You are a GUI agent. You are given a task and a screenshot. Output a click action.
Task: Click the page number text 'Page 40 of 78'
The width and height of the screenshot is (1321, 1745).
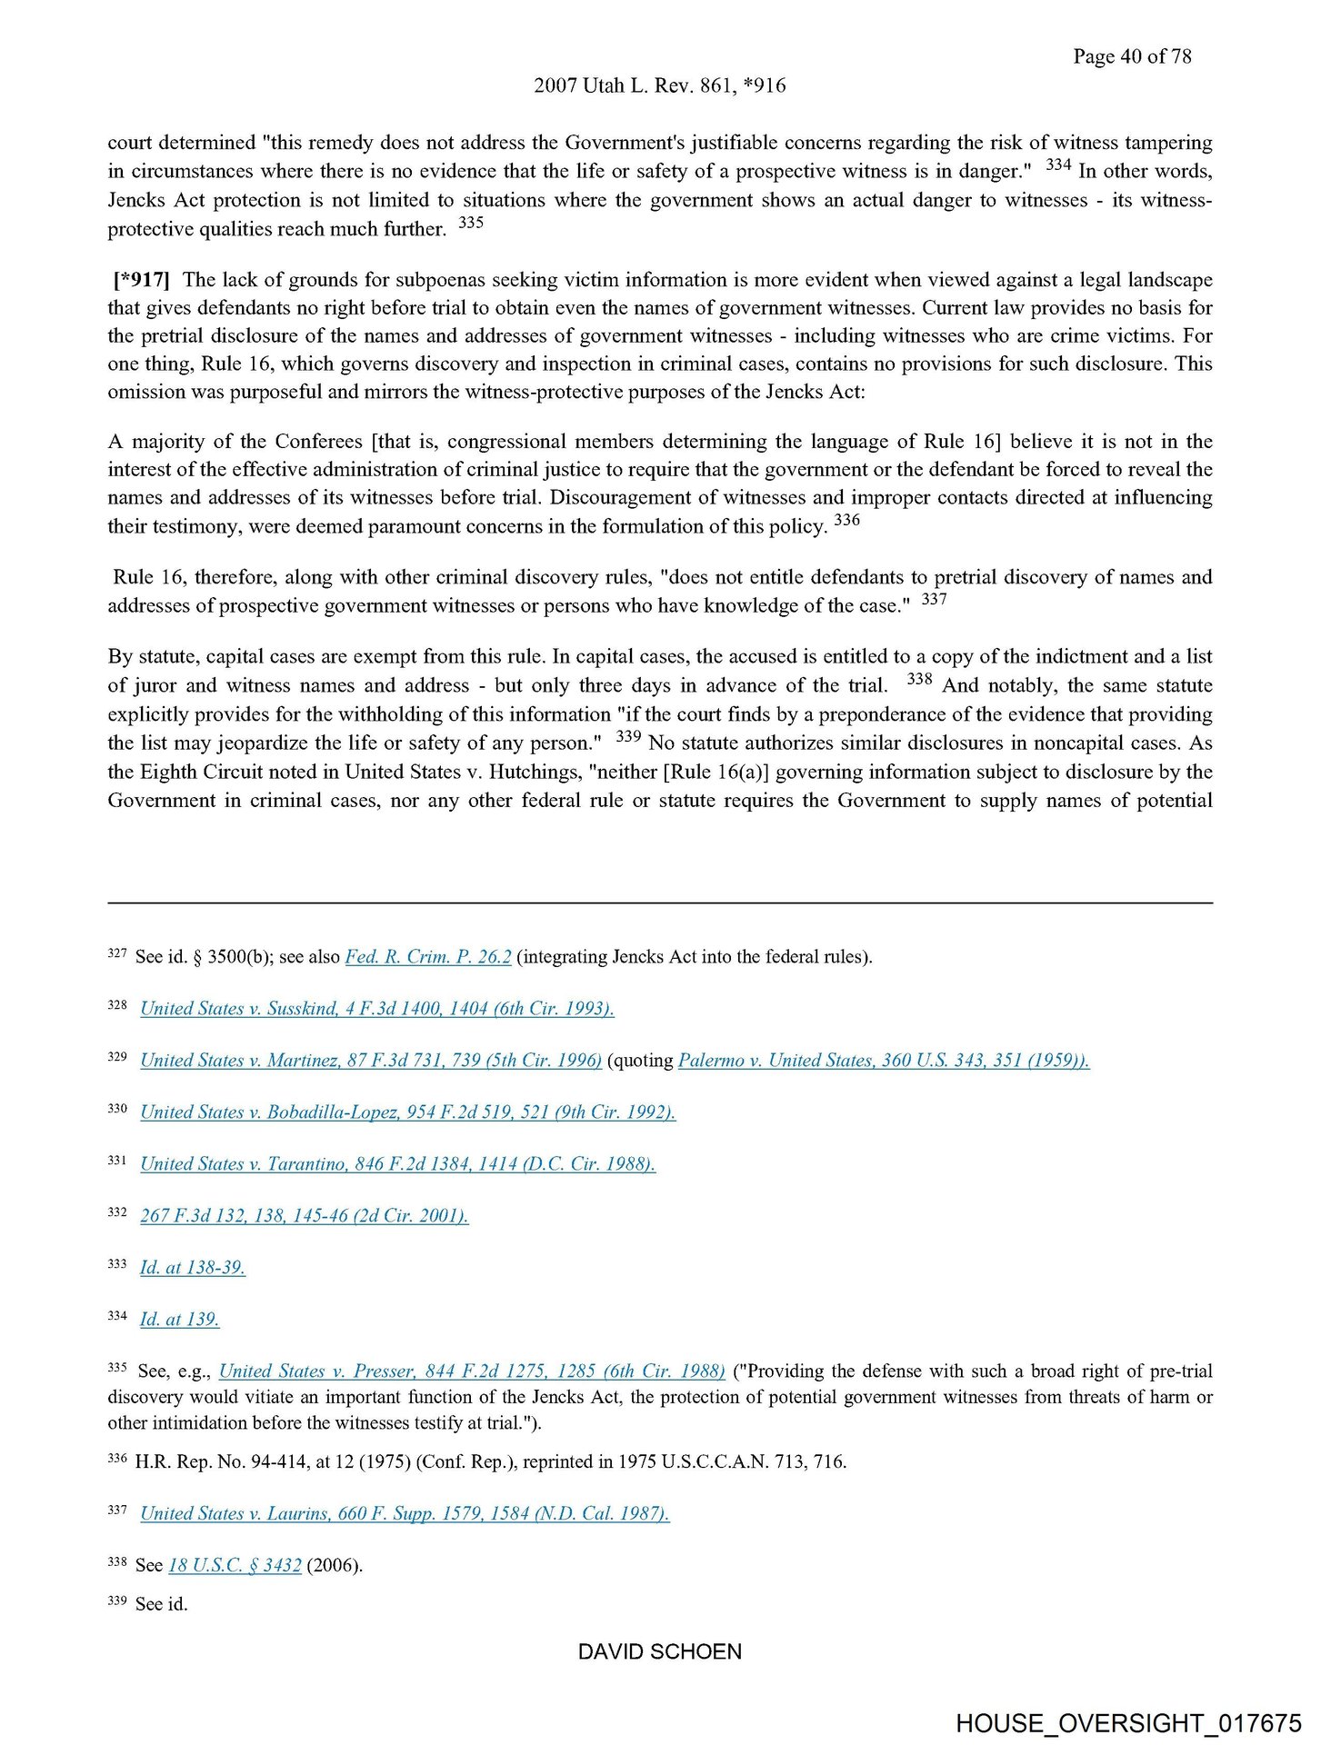[1131, 56]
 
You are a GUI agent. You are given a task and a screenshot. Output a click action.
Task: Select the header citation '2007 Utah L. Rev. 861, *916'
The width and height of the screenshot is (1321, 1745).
[659, 85]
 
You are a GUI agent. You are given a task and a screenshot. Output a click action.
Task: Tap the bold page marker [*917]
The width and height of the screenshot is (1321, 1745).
[142, 279]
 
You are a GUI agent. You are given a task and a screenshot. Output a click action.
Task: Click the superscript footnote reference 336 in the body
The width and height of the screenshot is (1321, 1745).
[846, 521]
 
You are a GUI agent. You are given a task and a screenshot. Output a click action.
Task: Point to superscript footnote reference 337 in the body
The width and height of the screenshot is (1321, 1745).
[934, 600]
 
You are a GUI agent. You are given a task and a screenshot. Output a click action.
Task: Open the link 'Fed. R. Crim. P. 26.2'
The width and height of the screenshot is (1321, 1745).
[428, 957]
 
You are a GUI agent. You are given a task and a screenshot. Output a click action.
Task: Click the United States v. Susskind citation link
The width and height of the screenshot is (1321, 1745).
[377, 1009]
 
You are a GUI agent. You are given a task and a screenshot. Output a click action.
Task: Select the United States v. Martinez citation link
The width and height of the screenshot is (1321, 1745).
[371, 1061]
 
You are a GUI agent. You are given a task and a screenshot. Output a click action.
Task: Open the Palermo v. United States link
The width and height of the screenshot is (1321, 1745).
[884, 1061]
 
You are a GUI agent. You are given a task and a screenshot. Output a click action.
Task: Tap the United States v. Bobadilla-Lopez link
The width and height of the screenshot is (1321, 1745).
[408, 1112]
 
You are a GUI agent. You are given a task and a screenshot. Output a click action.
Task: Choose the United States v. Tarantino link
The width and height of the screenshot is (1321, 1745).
[398, 1164]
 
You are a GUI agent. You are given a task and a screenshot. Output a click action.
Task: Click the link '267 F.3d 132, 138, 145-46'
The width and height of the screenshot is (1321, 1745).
[305, 1216]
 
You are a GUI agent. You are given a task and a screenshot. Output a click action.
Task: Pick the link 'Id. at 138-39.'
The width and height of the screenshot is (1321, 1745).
[193, 1268]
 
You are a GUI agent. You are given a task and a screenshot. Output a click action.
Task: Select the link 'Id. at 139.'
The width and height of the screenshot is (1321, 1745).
[180, 1320]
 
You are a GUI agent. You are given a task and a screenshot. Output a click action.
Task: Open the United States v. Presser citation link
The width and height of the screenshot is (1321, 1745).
[472, 1371]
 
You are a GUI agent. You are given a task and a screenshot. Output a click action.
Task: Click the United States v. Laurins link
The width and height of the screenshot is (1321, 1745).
[405, 1513]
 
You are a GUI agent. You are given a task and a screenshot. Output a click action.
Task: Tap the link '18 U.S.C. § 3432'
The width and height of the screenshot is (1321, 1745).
[235, 1565]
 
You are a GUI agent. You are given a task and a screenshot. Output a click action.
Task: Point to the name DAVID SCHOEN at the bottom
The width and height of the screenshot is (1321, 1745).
[660, 1651]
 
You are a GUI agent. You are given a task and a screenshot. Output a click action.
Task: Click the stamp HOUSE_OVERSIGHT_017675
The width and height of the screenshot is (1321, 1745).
[1128, 1723]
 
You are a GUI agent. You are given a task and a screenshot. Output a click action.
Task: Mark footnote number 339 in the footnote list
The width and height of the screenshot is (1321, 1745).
[117, 1601]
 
